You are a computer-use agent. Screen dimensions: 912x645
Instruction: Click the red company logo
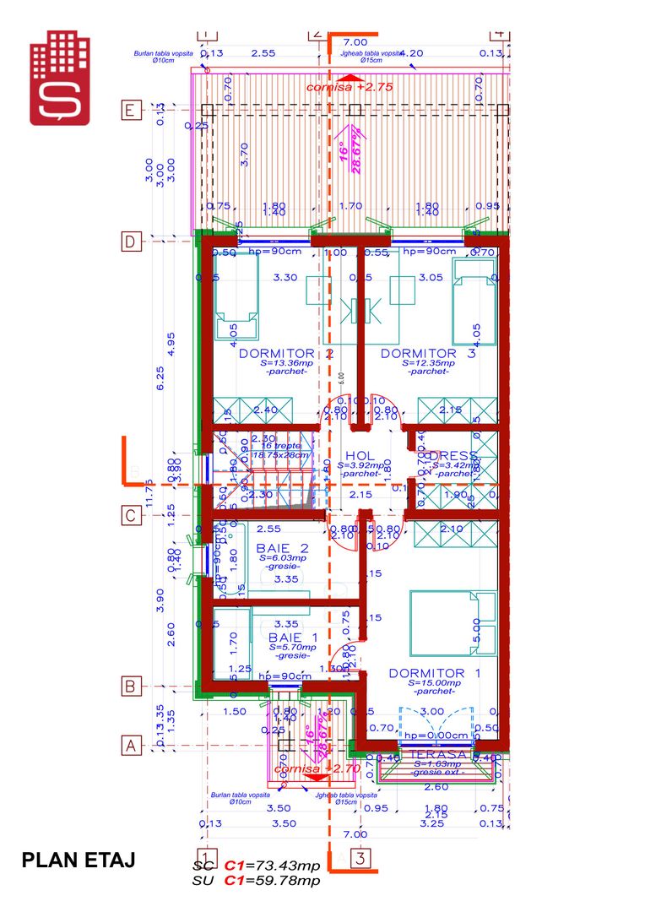(60, 78)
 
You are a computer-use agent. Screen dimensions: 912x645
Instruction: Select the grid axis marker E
(131, 110)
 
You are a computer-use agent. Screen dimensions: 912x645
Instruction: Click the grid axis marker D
(131, 242)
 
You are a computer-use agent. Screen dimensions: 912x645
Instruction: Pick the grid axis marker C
(131, 514)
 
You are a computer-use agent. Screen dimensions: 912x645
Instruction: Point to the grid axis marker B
(131, 686)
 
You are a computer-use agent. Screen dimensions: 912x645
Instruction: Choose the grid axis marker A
(131, 746)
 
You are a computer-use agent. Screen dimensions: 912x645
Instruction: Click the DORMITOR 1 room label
(434, 673)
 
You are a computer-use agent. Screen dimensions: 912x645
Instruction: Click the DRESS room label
(454, 455)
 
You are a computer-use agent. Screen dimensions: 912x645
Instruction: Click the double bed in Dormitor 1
(447, 623)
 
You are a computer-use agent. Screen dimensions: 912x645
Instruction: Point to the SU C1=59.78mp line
(257, 881)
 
